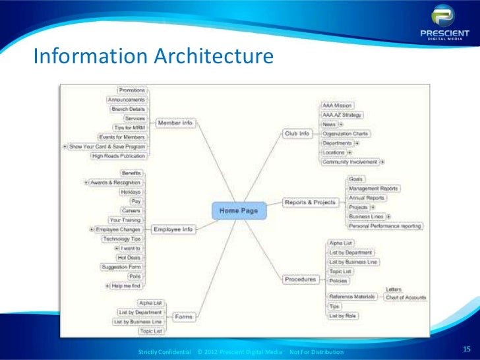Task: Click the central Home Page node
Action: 239,211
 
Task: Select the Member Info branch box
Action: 175,123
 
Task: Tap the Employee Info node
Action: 173,229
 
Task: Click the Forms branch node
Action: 184,316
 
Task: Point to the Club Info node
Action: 297,133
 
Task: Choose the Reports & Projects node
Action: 310,202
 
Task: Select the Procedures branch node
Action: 300,280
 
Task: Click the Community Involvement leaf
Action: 350,162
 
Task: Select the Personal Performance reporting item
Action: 386,225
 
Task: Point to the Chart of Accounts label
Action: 405,297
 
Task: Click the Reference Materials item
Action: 353,297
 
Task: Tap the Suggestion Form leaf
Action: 120,267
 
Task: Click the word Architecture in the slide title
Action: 212,58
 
